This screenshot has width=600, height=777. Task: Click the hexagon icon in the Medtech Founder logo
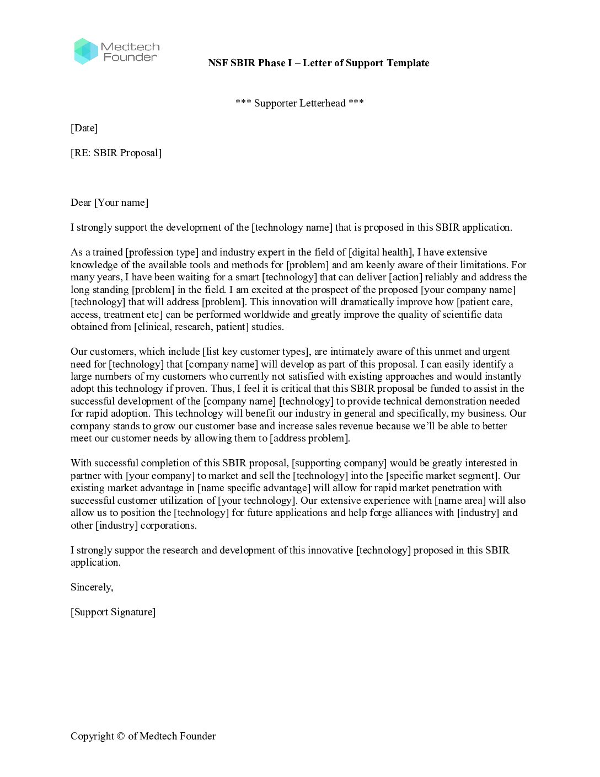pyautogui.click(x=85, y=51)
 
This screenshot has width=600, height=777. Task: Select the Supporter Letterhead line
pyautogui.click(x=299, y=103)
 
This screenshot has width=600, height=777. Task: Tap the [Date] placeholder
pyautogui.click(x=84, y=128)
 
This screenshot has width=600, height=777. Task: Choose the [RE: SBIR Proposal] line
pyautogui.click(x=116, y=153)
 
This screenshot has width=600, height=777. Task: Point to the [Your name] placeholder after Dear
pyautogui.click(x=121, y=203)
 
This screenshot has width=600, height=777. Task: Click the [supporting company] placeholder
pyautogui.click(x=339, y=463)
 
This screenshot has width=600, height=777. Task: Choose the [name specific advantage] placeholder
pyautogui.click(x=254, y=488)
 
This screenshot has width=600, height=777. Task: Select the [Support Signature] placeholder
pyautogui.click(x=113, y=612)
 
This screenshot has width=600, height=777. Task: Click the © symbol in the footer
pyautogui.click(x=120, y=736)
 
